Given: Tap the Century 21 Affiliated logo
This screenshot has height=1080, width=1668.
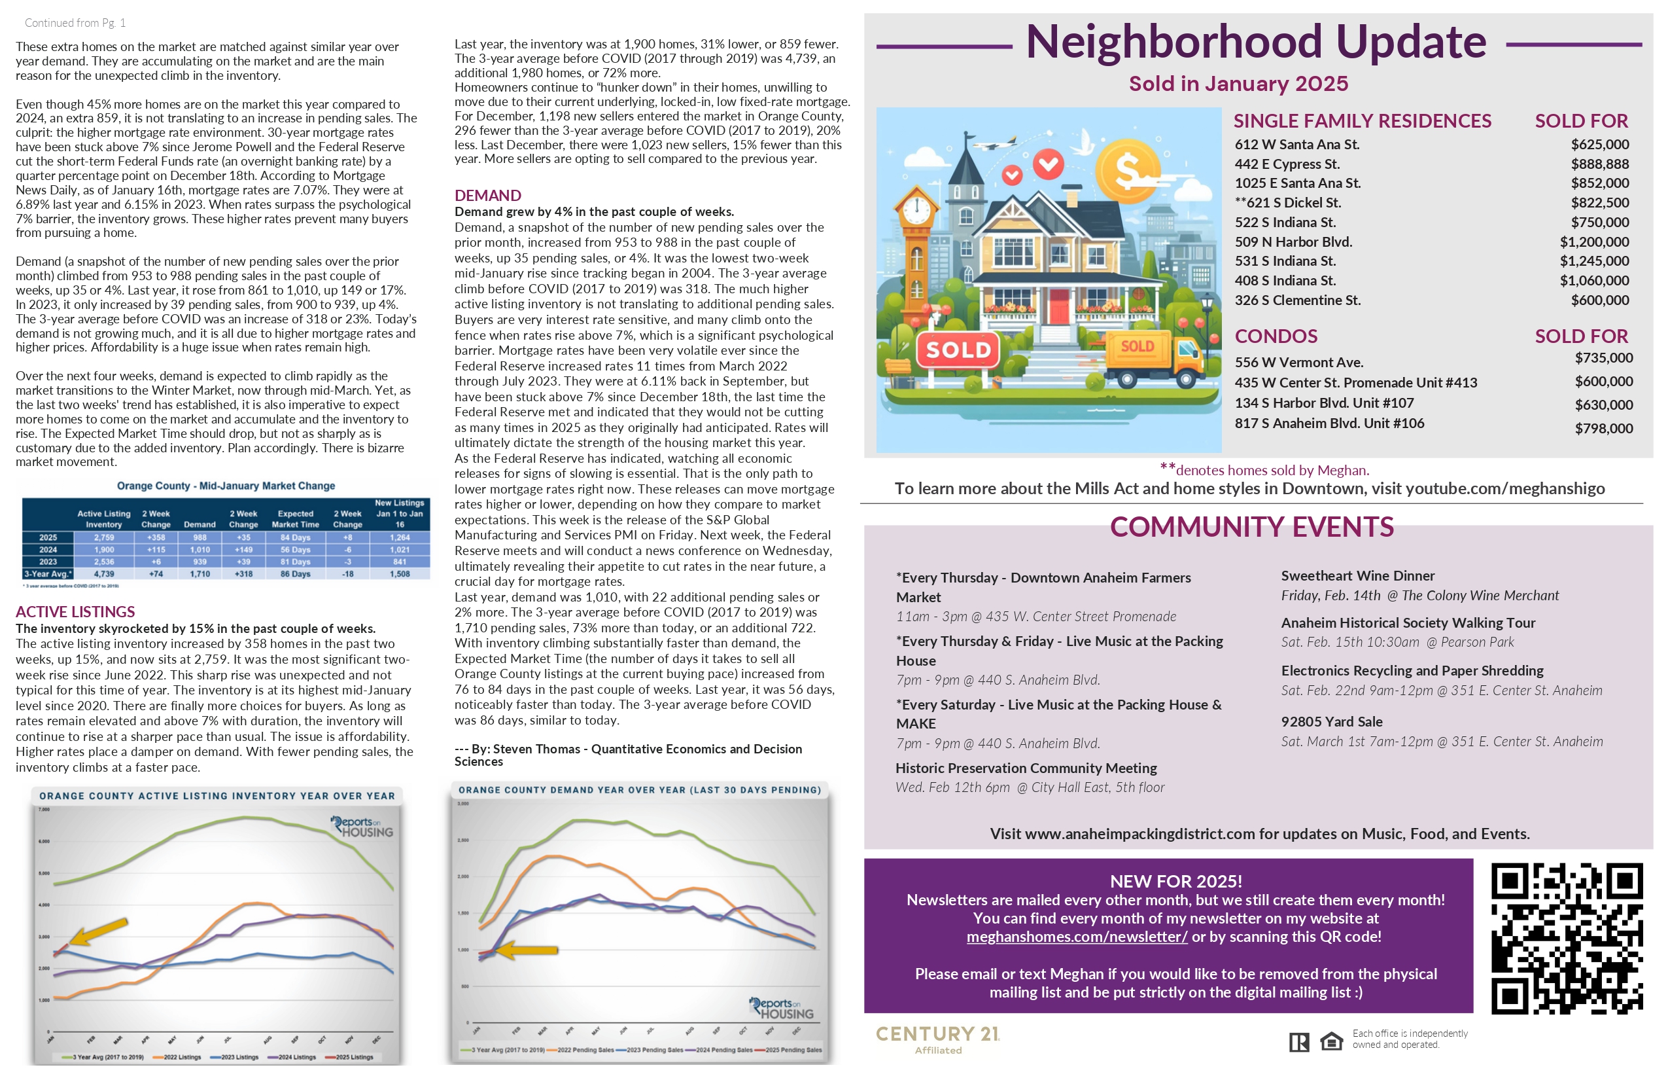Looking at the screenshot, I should click(x=938, y=1039).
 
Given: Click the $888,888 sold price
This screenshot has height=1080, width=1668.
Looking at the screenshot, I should click(x=1599, y=164).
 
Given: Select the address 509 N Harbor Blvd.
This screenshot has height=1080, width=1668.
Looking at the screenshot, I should click(x=1293, y=242).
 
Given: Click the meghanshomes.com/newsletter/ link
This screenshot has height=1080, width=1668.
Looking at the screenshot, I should click(x=1077, y=937).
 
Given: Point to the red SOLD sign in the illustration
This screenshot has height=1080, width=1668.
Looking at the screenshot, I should click(x=958, y=350).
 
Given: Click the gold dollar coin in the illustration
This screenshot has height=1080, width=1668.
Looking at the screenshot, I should click(x=1128, y=169).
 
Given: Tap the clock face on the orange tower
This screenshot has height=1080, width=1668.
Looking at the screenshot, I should click(x=916, y=209).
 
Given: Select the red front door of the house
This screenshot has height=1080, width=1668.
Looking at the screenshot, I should click(x=1059, y=306).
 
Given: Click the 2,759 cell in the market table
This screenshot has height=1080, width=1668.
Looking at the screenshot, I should click(x=104, y=537).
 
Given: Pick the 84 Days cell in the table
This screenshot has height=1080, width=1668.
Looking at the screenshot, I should click(x=295, y=537).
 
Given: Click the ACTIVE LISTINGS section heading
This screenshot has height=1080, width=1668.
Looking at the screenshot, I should click(x=75, y=611).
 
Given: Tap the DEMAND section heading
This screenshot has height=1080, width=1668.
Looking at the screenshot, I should click(x=488, y=196).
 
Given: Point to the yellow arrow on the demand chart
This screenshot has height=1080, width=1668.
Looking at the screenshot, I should click(x=527, y=950).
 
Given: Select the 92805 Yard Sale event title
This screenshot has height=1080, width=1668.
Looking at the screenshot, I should click(x=1332, y=721).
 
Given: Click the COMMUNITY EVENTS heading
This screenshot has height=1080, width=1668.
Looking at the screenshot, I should click(x=1252, y=528).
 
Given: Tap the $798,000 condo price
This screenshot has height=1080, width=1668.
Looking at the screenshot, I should click(x=1603, y=429).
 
